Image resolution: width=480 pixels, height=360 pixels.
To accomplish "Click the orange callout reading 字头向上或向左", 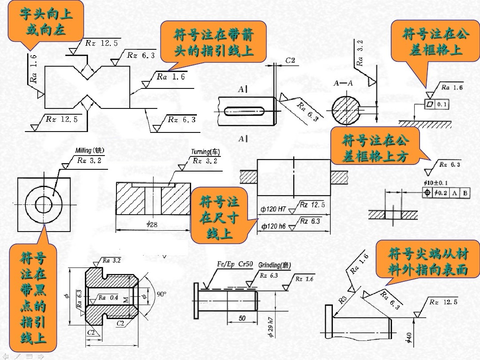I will [x=46, y=22].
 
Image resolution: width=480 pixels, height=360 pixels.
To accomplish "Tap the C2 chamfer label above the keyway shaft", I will [x=291, y=60].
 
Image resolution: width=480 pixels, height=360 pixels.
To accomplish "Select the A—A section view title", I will [x=343, y=83].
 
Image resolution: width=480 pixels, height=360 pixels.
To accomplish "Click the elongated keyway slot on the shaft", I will [x=246, y=110].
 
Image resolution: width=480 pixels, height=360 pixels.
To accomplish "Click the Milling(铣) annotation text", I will [x=84, y=151].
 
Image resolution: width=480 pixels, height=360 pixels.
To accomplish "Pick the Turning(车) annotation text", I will [x=205, y=152].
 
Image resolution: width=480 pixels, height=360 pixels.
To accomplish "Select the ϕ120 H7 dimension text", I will [x=273, y=208].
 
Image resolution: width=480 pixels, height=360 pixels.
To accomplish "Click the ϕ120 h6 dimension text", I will [x=273, y=226].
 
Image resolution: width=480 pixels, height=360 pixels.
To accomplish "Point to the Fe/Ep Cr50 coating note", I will [x=235, y=264].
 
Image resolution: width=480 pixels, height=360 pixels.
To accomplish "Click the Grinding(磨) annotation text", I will [x=275, y=265].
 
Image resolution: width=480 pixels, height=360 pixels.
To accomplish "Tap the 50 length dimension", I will [x=242, y=318].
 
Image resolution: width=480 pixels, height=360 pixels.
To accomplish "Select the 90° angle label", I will [x=161, y=294].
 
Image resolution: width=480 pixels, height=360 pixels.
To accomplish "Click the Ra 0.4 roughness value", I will [x=108, y=297].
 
